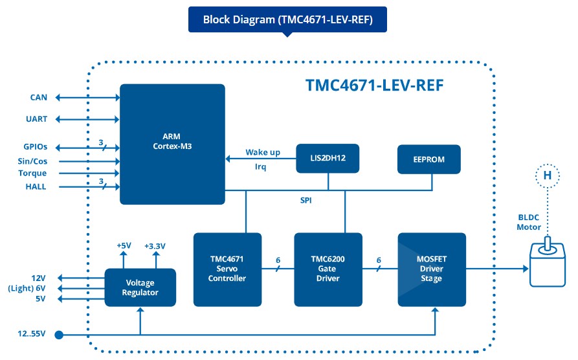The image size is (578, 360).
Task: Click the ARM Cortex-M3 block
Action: tap(172, 144)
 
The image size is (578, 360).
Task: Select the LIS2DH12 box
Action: tap(328, 158)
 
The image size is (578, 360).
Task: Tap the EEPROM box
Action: tap(428, 159)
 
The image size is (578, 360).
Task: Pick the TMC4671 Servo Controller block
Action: tap(227, 269)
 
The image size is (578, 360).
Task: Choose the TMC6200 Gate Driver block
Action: tap(328, 269)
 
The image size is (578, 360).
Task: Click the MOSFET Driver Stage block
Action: tap(432, 269)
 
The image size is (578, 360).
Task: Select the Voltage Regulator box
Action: tap(140, 287)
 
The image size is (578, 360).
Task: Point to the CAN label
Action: tap(39, 97)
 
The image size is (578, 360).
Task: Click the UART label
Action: tap(36, 118)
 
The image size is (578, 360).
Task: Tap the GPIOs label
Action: tap(36, 147)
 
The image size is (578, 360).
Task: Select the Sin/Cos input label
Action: tap(32, 161)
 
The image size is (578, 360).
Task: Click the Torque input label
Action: tap(32, 173)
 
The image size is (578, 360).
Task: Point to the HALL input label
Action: tap(36, 186)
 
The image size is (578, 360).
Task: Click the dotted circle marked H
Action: tap(548, 175)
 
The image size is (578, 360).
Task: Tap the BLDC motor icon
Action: tap(548, 263)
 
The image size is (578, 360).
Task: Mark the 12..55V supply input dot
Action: tap(59, 335)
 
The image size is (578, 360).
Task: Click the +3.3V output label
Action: tap(155, 246)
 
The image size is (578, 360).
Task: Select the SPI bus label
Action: tap(306, 200)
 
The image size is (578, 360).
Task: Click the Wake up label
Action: tap(263, 152)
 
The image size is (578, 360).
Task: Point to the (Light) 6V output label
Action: tap(27, 288)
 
